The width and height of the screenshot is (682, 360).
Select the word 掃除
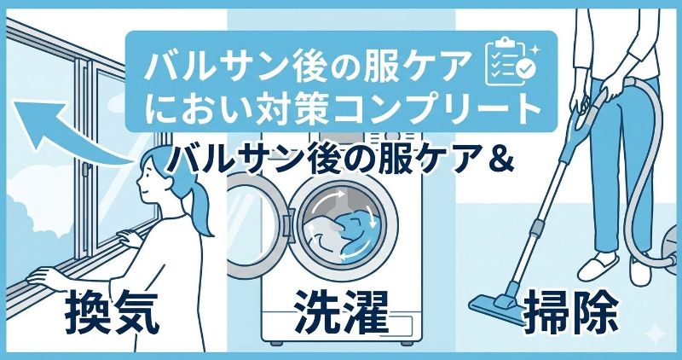tap(570, 312)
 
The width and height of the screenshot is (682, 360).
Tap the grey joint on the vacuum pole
tap(538, 227)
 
